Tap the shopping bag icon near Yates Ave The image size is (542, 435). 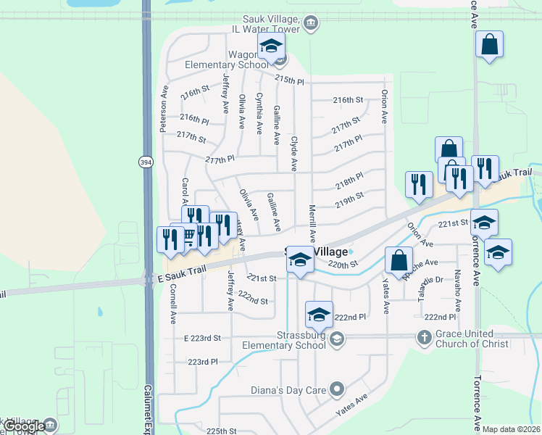(399, 260)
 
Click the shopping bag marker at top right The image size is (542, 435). (490, 44)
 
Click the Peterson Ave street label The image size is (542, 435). (164, 111)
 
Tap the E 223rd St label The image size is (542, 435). (202, 339)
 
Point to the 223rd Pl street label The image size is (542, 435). (203, 362)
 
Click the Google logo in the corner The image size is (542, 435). (23, 426)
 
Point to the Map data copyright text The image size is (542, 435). (511, 429)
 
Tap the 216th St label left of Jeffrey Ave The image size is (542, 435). (195, 94)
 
